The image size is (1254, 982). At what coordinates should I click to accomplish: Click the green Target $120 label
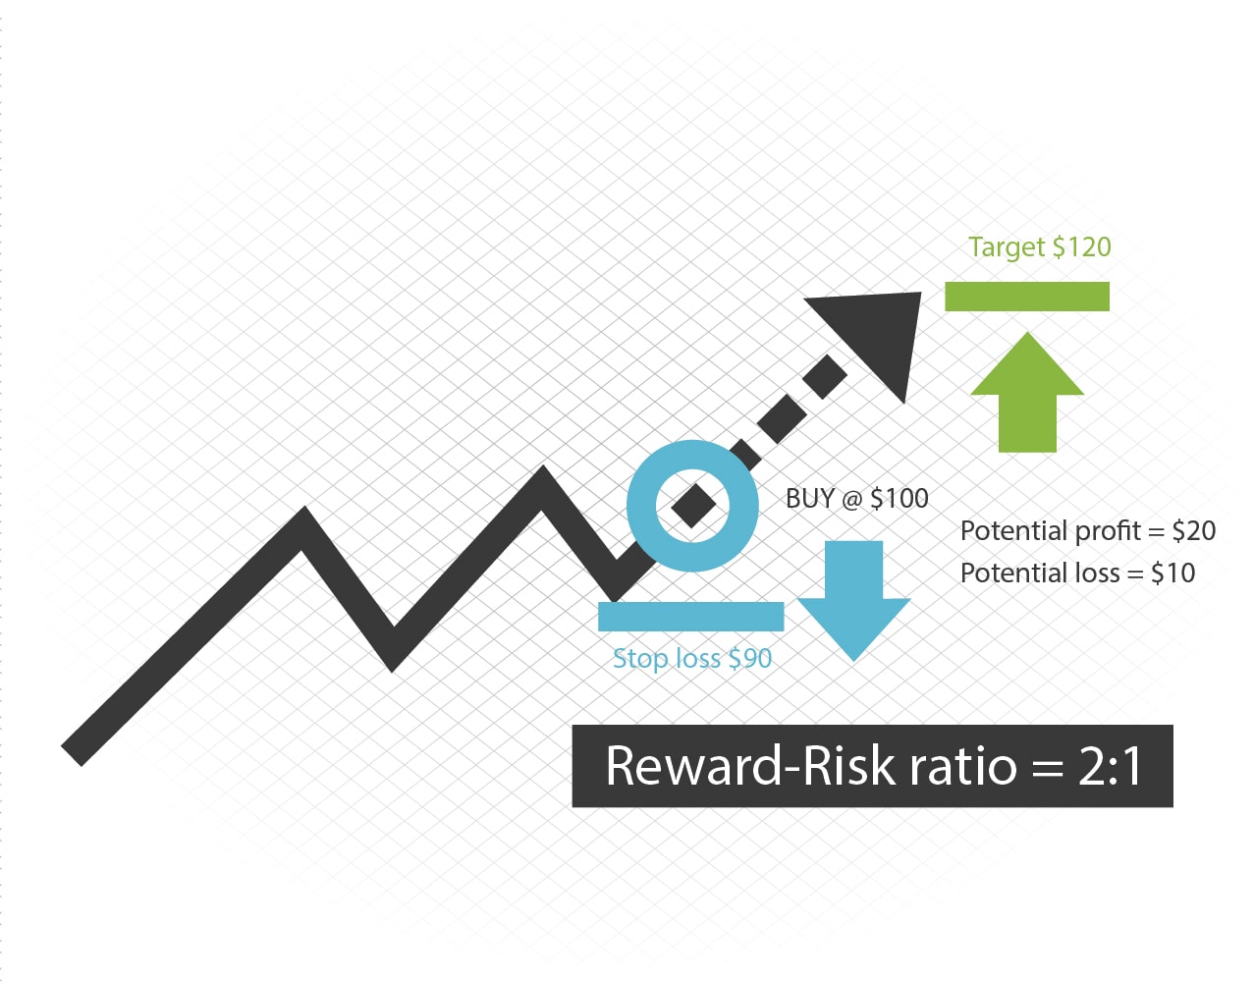click(1039, 247)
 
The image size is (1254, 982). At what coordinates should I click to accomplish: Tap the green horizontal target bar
click(1026, 297)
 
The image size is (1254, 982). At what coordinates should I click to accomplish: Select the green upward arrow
click(1027, 393)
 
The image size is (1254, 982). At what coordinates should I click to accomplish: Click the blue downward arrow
click(853, 600)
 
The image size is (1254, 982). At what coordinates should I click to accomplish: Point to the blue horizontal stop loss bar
click(690, 616)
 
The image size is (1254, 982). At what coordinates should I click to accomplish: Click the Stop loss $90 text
click(692, 658)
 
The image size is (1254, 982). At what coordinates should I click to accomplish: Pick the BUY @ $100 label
click(857, 499)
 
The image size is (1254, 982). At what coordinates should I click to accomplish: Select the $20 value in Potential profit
click(1194, 531)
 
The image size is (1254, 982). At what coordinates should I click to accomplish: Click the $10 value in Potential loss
click(1173, 573)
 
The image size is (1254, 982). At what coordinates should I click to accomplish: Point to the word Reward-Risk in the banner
click(750, 766)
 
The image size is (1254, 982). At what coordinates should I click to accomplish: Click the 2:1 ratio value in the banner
click(1110, 766)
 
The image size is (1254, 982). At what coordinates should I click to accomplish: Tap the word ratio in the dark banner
click(963, 767)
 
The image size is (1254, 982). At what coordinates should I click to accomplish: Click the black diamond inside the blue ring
click(692, 506)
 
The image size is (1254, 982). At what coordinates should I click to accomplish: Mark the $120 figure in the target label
click(1082, 247)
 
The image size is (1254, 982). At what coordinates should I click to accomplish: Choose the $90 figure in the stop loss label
click(750, 658)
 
